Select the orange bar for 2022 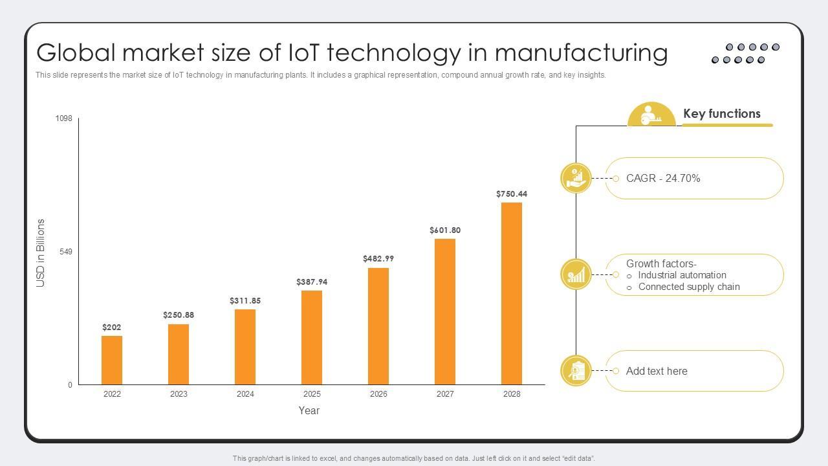click(112, 360)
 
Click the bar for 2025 click(312, 337)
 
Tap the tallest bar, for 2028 click(512, 293)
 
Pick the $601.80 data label click(445, 230)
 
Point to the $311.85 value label click(245, 301)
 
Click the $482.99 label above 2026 click(378, 259)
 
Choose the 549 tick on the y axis click(66, 252)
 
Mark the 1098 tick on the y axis click(64, 118)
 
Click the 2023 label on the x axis click(179, 394)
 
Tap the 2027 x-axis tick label click(445, 394)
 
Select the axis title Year click(309, 410)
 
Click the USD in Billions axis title click(41, 253)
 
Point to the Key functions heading click(722, 114)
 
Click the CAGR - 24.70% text click(663, 179)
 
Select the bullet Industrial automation click(682, 275)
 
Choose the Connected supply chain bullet click(689, 287)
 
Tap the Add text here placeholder click(657, 372)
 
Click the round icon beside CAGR click(576, 178)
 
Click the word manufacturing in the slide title click(581, 52)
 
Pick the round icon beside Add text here click(576, 371)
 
